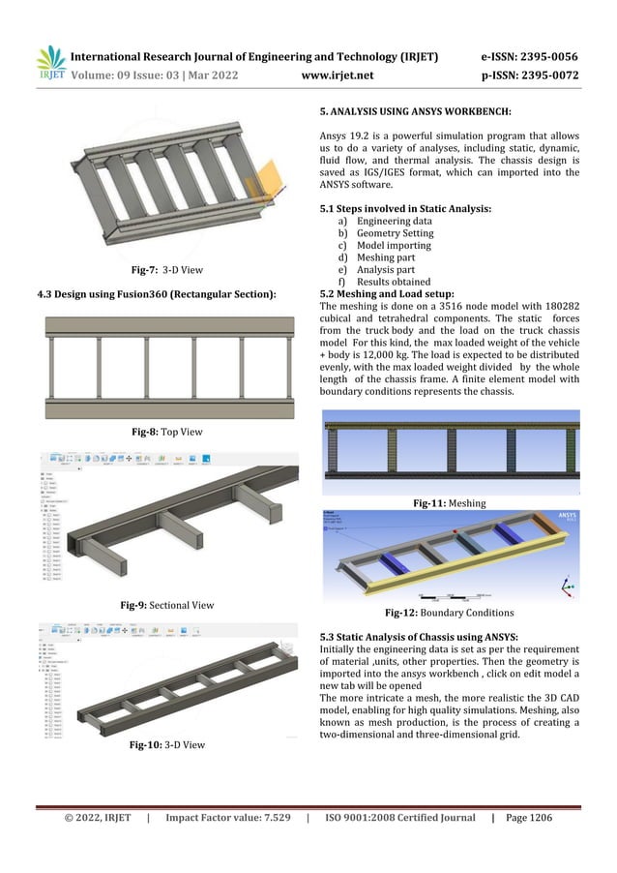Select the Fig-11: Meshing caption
click(449, 503)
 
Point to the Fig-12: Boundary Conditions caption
click(449, 613)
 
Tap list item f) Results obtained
click(385, 284)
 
